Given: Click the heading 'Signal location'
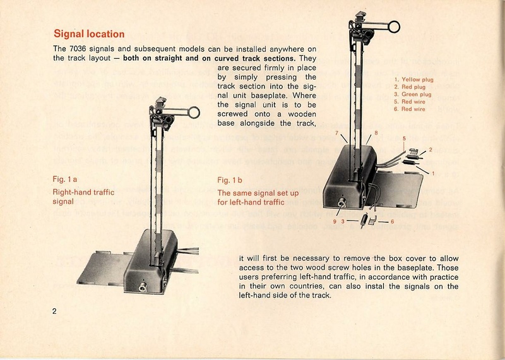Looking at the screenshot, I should click(89, 33).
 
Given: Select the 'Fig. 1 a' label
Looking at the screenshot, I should click(64, 180).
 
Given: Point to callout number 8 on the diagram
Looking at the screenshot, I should click(376, 133).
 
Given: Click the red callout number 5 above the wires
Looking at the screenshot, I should click(404, 139).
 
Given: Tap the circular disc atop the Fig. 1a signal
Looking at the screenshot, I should click(193, 113).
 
